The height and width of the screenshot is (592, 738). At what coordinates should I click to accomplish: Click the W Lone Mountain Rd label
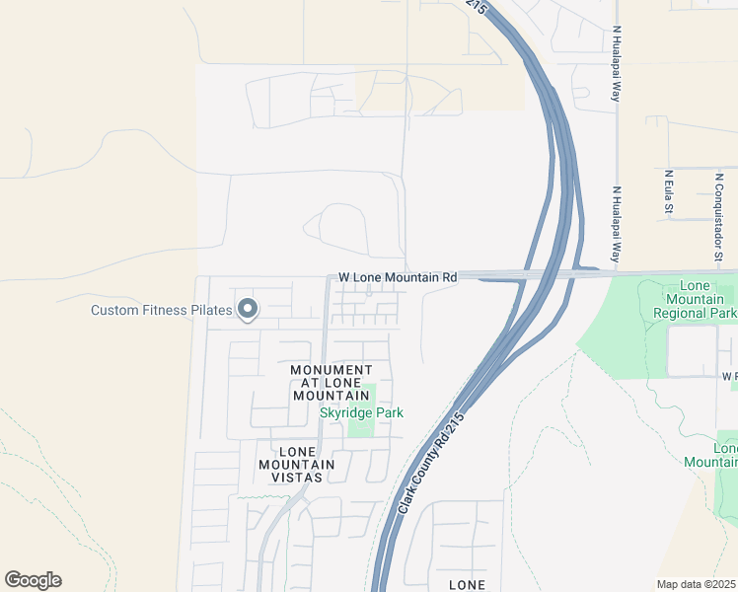coord(398,278)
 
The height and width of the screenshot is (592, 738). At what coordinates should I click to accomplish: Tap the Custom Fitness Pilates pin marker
coord(248,310)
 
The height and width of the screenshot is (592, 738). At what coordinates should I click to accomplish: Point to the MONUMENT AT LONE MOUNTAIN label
coord(332,383)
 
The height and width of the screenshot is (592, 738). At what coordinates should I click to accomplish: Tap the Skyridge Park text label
coord(361,412)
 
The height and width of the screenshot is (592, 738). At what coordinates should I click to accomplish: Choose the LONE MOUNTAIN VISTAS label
coord(297,464)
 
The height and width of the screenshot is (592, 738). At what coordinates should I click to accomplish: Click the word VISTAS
coord(297,477)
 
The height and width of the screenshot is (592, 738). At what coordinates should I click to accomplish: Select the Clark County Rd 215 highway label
coord(430,462)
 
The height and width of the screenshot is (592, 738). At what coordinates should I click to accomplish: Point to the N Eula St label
coord(668,191)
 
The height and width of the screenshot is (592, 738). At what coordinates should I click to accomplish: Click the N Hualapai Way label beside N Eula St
coord(616,223)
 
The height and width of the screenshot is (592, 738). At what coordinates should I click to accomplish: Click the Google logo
coord(33,580)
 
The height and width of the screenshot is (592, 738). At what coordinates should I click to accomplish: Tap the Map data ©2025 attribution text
coord(695,584)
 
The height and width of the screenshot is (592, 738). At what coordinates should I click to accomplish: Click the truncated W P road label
coord(729,376)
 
